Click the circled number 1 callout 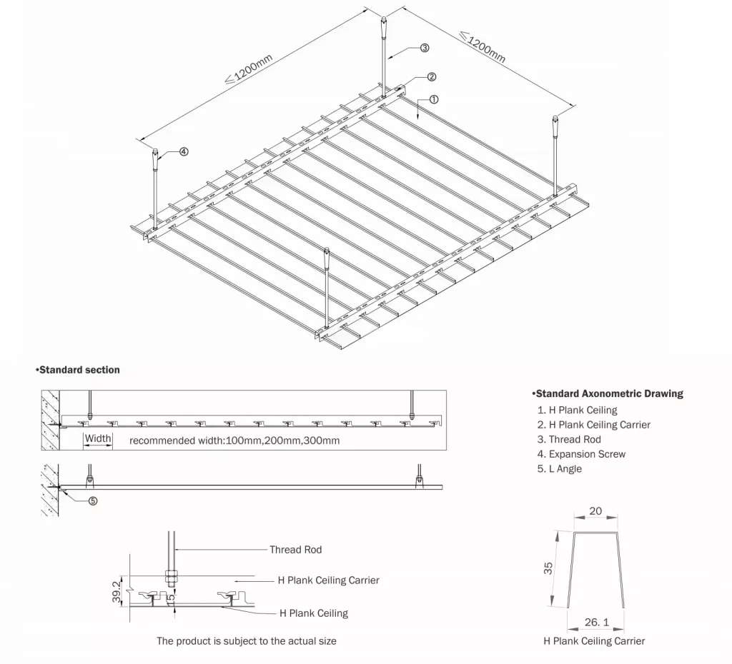pyautogui.click(x=434, y=99)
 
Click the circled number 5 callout pyautogui.click(x=93, y=500)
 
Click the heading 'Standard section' pyautogui.click(x=78, y=370)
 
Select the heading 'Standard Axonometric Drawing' pyautogui.click(x=608, y=393)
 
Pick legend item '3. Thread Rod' pyautogui.click(x=569, y=439)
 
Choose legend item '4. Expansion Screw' pyautogui.click(x=583, y=454)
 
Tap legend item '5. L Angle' pyautogui.click(x=560, y=468)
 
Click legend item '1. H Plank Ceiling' pyautogui.click(x=577, y=410)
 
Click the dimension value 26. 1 pyautogui.click(x=596, y=623)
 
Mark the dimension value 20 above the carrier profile pyautogui.click(x=595, y=511)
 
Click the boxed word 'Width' pyautogui.click(x=98, y=438)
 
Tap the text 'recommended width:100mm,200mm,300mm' pyautogui.click(x=234, y=441)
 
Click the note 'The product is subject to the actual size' pyautogui.click(x=247, y=640)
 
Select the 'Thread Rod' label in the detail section pyautogui.click(x=295, y=550)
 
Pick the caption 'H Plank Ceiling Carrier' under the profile pyautogui.click(x=593, y=640)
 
